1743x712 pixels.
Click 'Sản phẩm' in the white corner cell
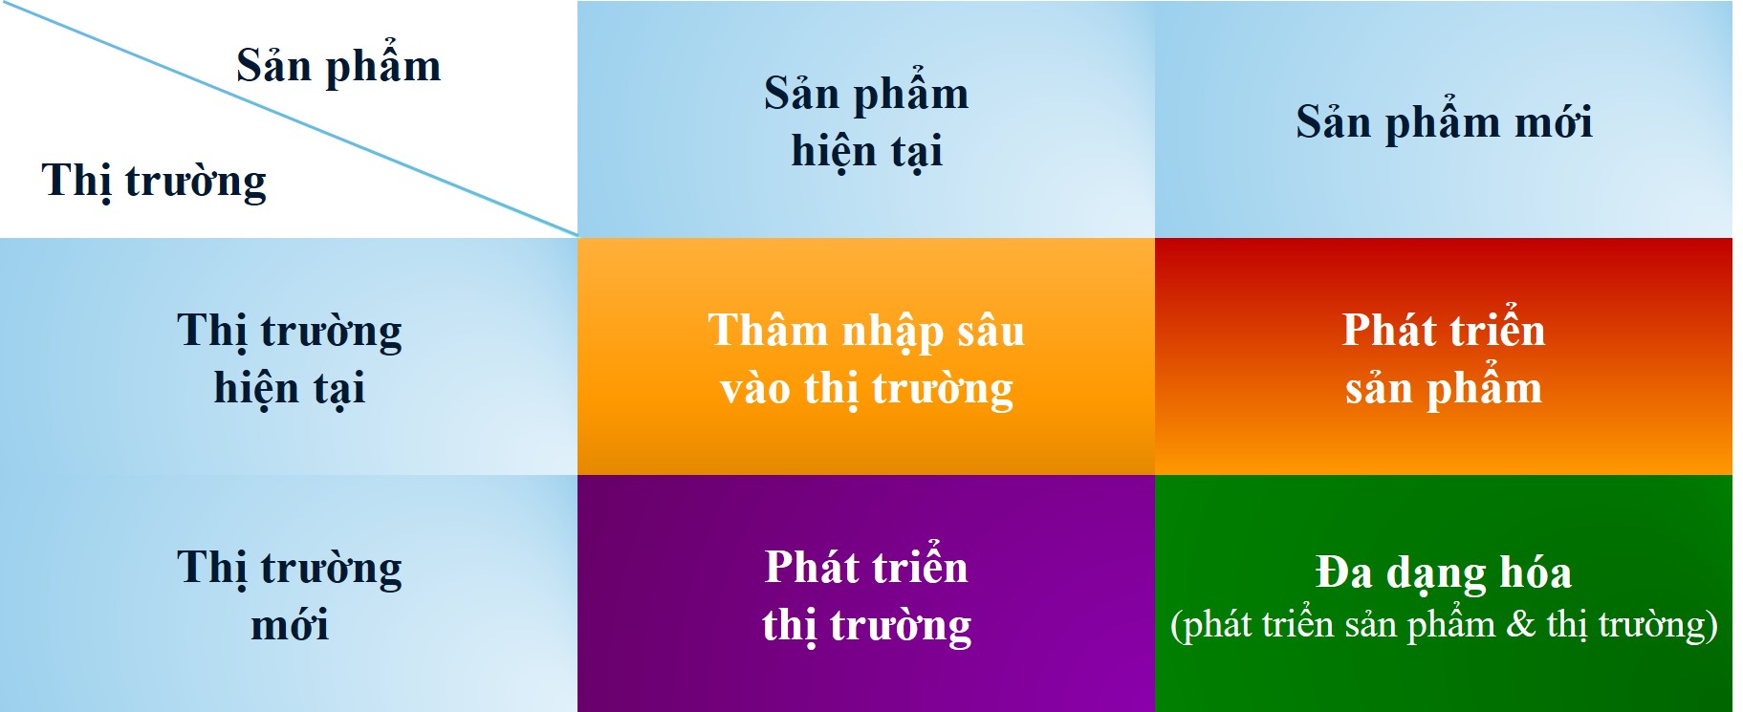point(338,66)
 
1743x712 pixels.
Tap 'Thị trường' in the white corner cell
point(154,182)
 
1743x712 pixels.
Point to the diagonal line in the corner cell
point(289,118)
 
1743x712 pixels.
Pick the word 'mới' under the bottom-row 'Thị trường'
point(290,625)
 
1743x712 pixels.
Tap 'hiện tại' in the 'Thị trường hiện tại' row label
point(290,389)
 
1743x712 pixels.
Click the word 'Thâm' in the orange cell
point(767,331)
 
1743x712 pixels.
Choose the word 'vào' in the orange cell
point(755,390)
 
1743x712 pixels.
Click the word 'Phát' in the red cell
point(1387,331)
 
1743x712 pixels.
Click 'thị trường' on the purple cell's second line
point(867,627)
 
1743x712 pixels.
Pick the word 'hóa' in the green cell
point(1536,572)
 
